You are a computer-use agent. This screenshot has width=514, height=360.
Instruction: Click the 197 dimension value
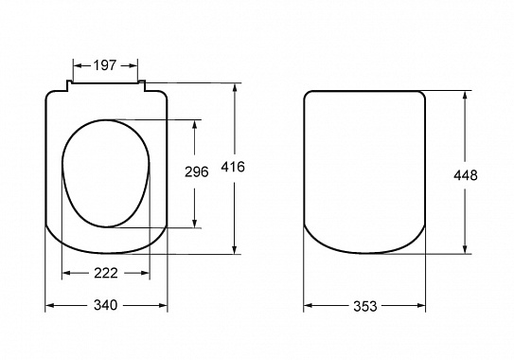(105, 65)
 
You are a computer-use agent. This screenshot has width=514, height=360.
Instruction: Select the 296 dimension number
(196, 171)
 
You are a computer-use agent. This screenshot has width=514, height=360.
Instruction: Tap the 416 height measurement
(233, 167)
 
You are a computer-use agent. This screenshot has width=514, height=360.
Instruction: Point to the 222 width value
(106, 273)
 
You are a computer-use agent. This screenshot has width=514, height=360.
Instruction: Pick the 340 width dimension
(106, 305)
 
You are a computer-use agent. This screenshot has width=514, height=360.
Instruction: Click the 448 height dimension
(466, 175)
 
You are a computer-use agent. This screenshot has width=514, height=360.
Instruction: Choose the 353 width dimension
(365, 306)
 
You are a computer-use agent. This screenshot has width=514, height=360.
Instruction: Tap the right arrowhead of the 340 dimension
(163, 305)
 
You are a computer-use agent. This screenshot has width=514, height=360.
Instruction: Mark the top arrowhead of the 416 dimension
(235, 88)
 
